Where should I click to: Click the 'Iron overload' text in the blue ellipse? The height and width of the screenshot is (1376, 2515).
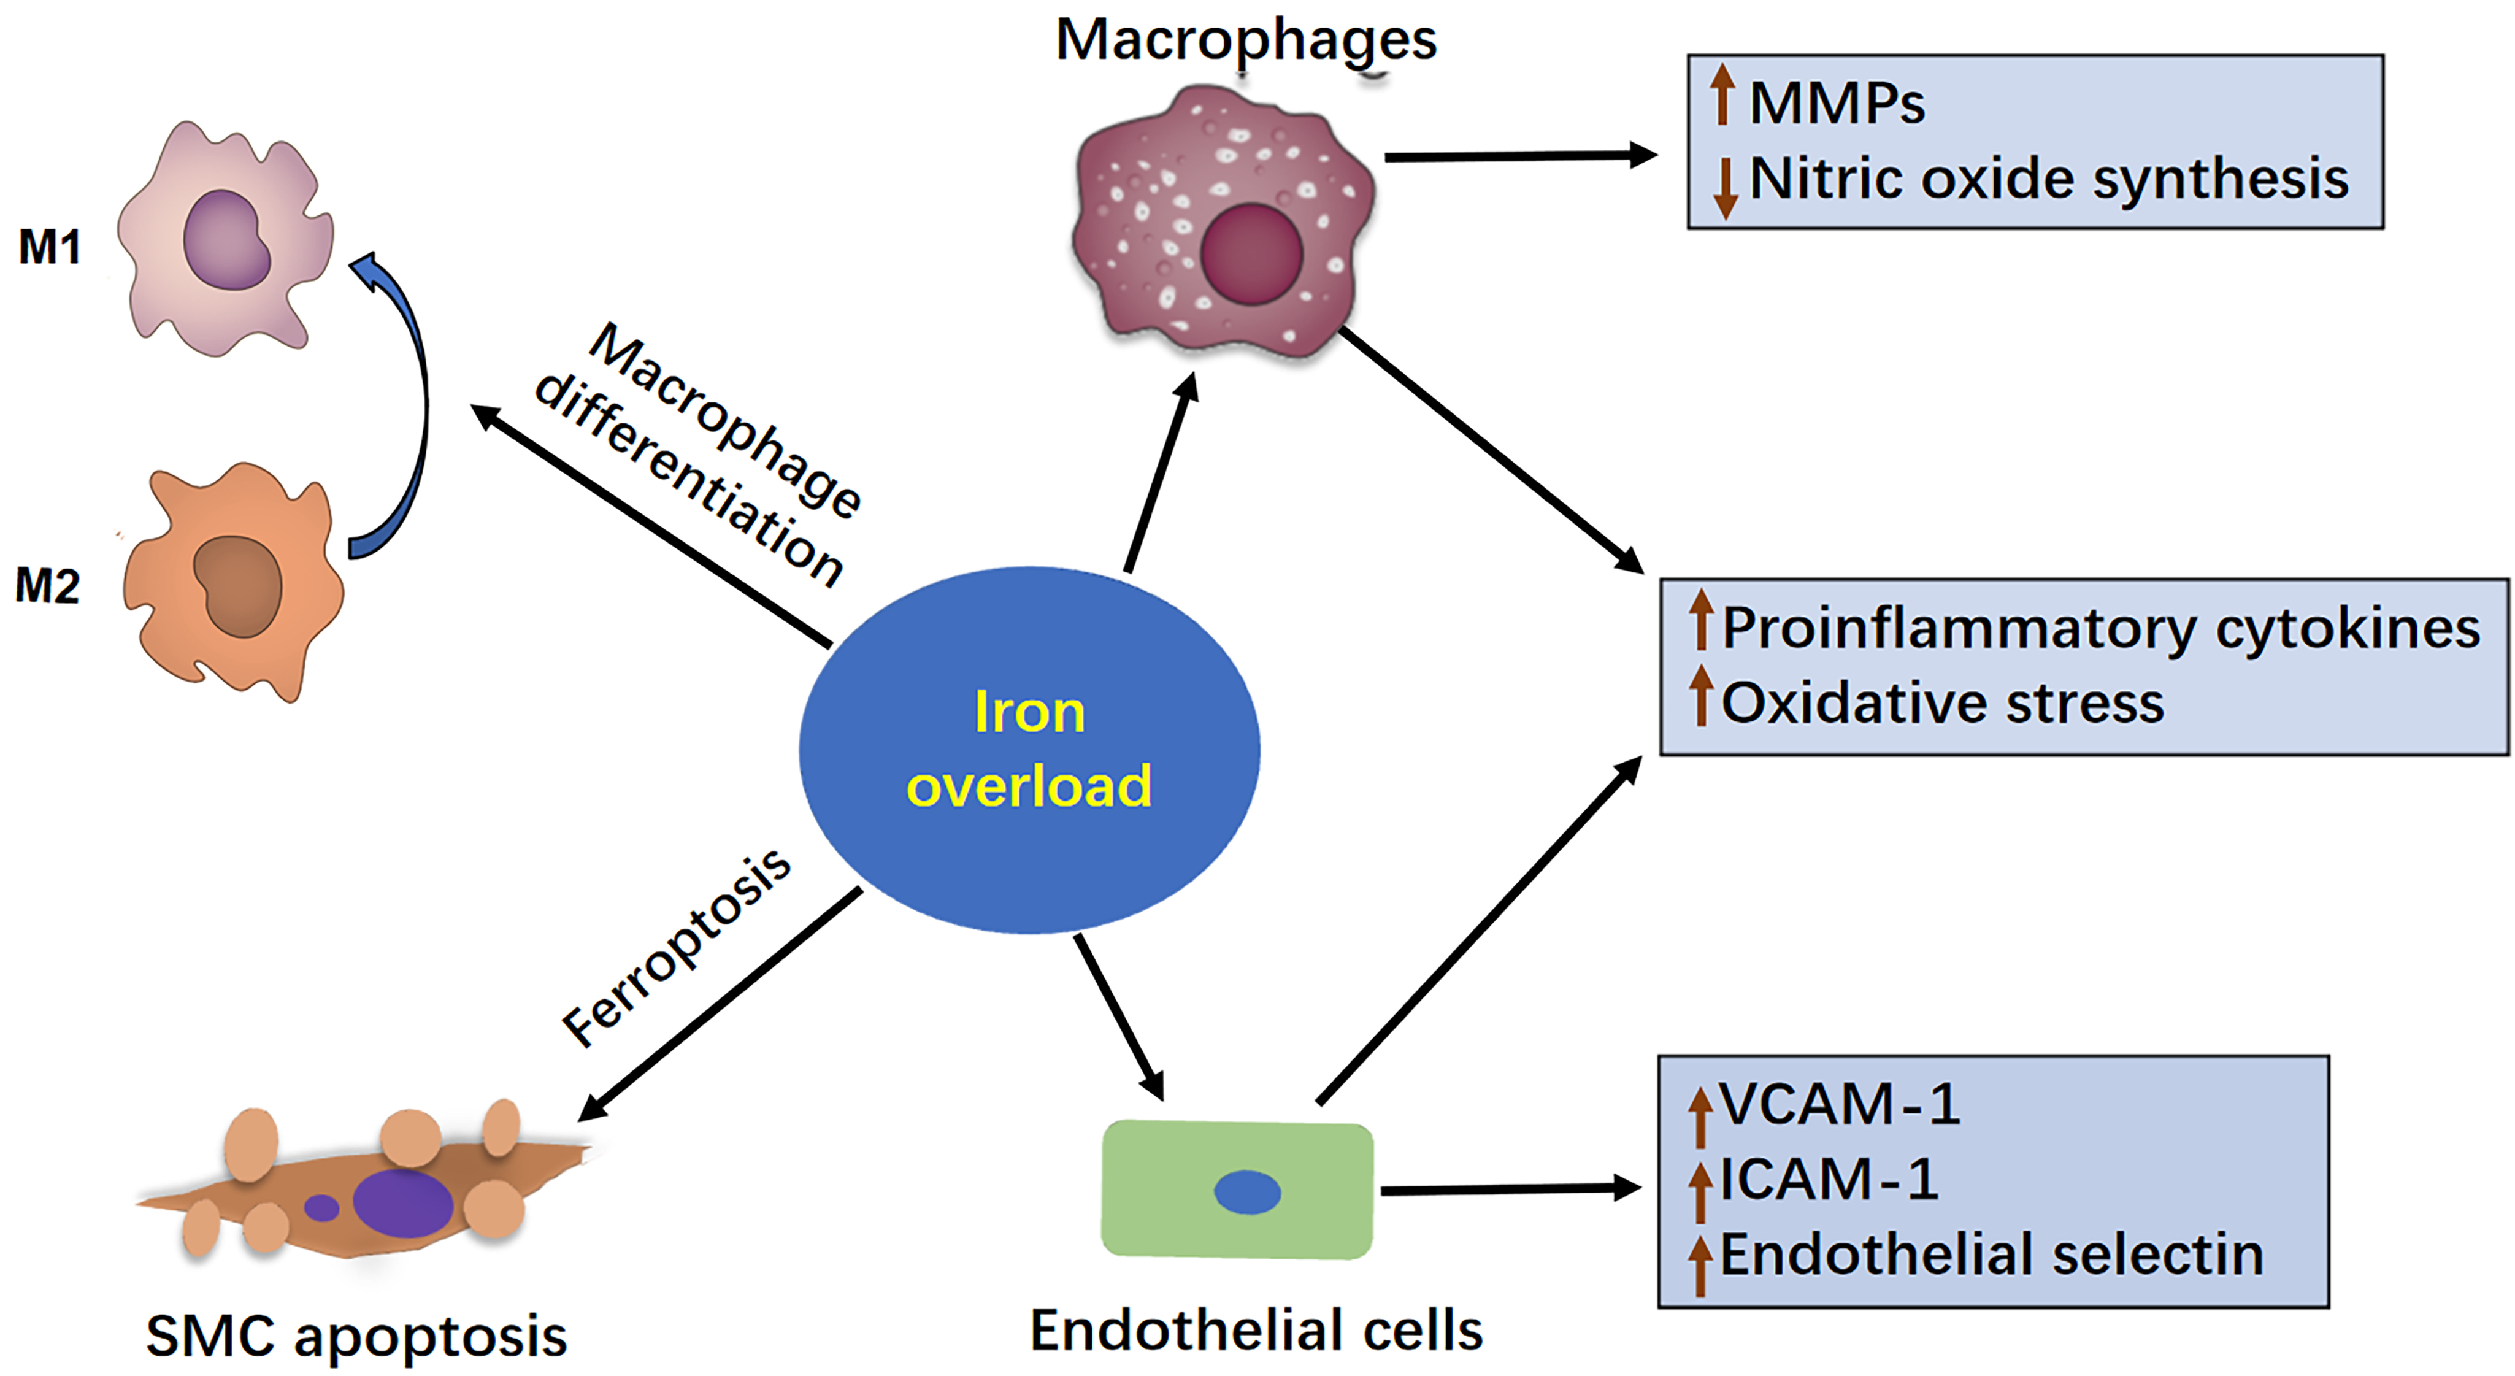(1029, 749)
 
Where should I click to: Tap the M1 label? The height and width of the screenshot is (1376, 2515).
(49, 247)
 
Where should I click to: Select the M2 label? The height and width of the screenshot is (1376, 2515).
(47, 586)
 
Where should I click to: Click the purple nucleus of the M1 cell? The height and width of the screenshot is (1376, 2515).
(226, 240)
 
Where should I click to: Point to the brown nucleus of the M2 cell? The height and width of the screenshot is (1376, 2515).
(238, 586)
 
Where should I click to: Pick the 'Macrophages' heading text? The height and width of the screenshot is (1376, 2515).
(1246, 41)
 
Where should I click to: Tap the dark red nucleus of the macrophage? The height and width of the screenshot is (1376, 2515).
(1251, 254)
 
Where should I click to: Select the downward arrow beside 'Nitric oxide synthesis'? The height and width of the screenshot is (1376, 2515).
(1725, 188)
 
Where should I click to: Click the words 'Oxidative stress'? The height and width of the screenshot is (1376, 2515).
(1942, 703)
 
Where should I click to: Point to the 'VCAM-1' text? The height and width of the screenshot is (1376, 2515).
(1840, 1104)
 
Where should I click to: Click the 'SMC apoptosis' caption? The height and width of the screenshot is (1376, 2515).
(356, 1336)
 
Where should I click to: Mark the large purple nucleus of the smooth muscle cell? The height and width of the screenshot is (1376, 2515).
(402, 1203)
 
